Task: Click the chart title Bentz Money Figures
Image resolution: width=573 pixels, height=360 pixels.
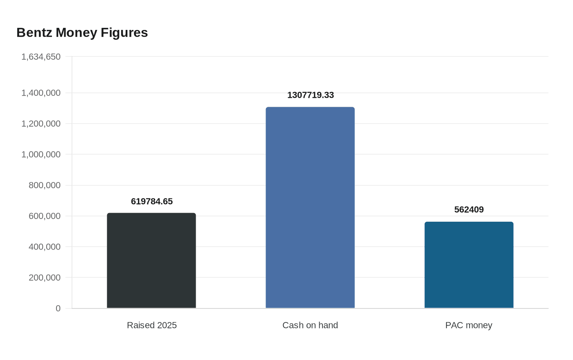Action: (82, 33)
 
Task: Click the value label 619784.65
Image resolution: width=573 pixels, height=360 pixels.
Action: (152, 201)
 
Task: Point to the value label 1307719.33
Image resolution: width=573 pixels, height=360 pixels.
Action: (311, 95)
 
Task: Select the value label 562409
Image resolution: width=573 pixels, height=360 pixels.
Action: (469, 209)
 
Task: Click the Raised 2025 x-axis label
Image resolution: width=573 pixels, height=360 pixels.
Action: (152, 325)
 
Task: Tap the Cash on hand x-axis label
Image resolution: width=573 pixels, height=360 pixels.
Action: (310, 325)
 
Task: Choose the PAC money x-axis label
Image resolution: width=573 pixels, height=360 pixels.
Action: (469, 325)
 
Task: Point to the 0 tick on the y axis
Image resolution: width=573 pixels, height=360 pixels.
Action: (58, 308)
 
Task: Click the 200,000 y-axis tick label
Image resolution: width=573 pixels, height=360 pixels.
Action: (45, 278)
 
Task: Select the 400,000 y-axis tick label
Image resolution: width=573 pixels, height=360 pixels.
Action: (45, 247)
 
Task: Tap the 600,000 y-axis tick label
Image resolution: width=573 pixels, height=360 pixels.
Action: (45, 216)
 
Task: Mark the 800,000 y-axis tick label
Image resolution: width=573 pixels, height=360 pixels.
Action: (45, 185)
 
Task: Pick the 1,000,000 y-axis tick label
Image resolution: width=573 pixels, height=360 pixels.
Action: (41, 154)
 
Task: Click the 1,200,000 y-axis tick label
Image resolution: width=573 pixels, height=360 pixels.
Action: (41, 124)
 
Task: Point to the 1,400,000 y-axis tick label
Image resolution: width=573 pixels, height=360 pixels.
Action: (41, 93)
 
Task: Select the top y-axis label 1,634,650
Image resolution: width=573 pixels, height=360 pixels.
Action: (41, 57)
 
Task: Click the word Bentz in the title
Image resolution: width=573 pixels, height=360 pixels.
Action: (34, 33)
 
